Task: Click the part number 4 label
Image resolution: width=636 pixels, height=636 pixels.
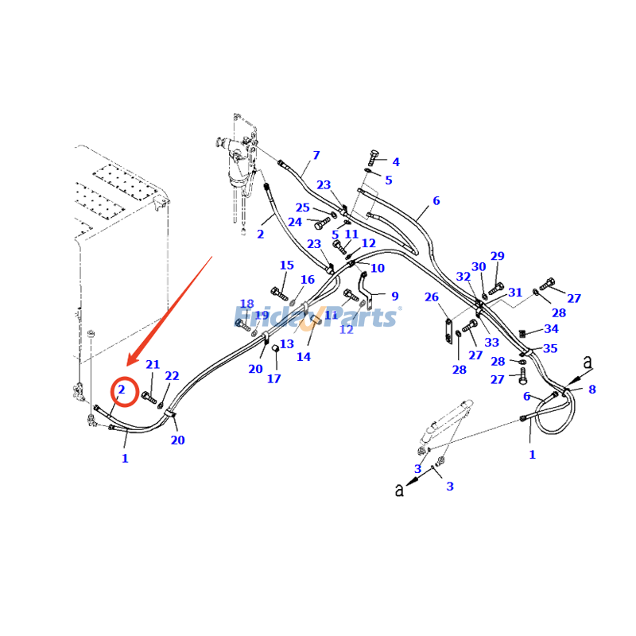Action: pyautogui.click(x=396, y=162)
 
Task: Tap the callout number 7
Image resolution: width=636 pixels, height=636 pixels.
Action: pyautogui.click(x=316, y=155)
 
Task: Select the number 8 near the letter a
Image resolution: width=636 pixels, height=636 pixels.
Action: pyautogui.click(x=591, y=390)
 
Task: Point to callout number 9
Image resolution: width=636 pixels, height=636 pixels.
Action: pyautogui.click(x=394, y=297)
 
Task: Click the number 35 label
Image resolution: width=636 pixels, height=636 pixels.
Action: pyautogui.click(x=550, y=348)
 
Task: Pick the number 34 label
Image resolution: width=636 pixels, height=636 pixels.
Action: pyautogui.click(x=551, y=329)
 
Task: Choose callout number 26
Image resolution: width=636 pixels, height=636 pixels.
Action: pyautogui.click(x=431, y=297)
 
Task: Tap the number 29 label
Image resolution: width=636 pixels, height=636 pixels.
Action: pyautogui.click(x=497, y=256)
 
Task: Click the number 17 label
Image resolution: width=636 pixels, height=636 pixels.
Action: pyautogui.click(x=273, y=379)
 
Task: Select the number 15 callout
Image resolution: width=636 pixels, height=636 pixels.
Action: pyautogui.click(x=286, y=266)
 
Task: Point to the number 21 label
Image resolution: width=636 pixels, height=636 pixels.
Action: pyautogui.click(x=153, y=365)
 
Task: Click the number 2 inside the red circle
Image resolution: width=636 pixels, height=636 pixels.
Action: pyautogui.click(x=122, y=390)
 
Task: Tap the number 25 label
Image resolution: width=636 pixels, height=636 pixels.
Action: pyautogui.click(x=303, y=208)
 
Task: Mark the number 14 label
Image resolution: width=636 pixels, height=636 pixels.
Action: pyautogui.click(x=304, y=357)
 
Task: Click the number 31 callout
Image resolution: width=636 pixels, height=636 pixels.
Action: pyautogui.click(x=515, y=293)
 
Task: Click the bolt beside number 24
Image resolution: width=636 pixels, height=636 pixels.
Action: pyautogui.click(x=322, y=223)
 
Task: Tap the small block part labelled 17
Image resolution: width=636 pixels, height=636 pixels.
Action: pyautogui.click(x=275, y=347)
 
